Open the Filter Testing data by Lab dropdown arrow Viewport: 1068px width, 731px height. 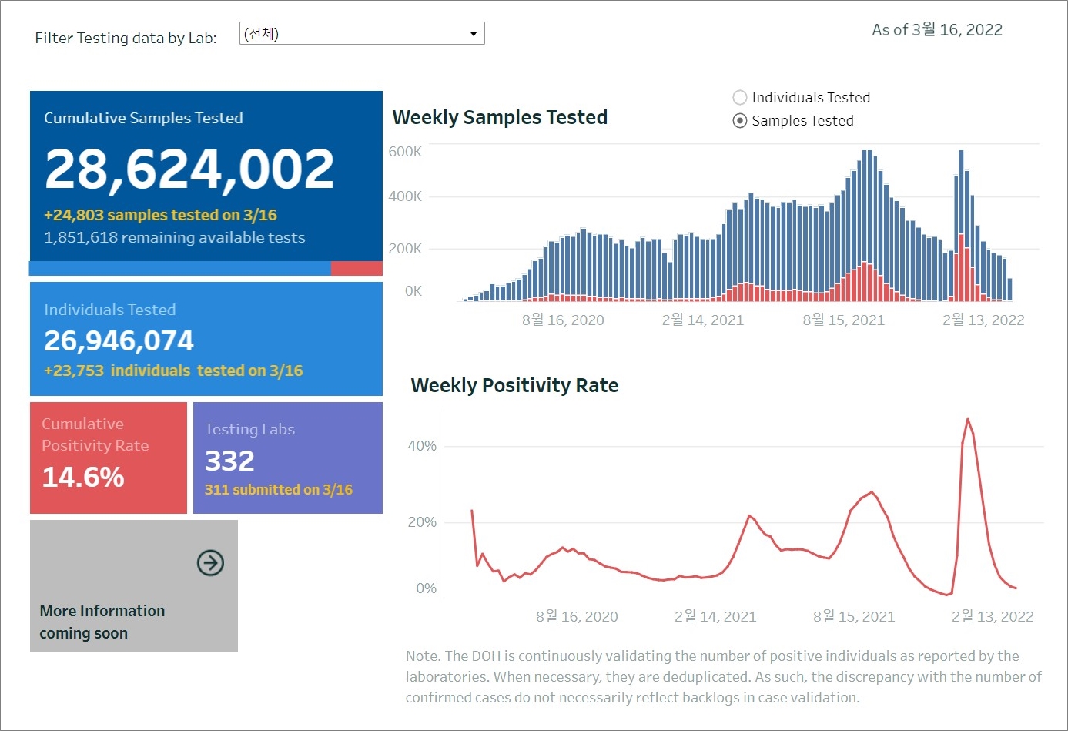click(x=473, y=34)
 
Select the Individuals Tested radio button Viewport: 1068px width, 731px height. click(x=740, y=98)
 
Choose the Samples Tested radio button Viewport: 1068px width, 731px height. click(x=740, y=121)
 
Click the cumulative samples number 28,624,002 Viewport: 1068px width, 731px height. click(x=189, y=169)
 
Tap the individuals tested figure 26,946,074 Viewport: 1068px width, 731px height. click(x=119, y=340)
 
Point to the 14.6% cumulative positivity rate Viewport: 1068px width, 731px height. click(x=83, y=478)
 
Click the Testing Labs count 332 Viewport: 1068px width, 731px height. click(x=229, y=461)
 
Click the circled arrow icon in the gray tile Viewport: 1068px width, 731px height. click(x=210, y=563)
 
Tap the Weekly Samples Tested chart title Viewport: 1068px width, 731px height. click(x=500, y=117)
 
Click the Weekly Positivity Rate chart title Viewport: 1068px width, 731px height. click(x=514, y=385)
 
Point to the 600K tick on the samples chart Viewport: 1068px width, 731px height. click(x=405, y=152)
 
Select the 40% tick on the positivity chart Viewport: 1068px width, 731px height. click(x=422, y=446)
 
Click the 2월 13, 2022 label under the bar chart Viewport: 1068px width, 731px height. click(x=983, y=320)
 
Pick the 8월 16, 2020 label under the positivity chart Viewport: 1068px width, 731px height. click(x=577, y=617)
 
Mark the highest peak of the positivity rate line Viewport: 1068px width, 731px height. click(x=968, y=419)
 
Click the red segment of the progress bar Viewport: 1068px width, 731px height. click(x=357, y=268)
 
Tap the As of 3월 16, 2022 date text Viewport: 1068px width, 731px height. click(x=937, y=30)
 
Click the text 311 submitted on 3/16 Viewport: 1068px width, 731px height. click(x=279, y=490)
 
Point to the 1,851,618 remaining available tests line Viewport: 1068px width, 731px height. click(x=175, y=237)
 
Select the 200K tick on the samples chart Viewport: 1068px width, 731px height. click(x=405, y=249)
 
